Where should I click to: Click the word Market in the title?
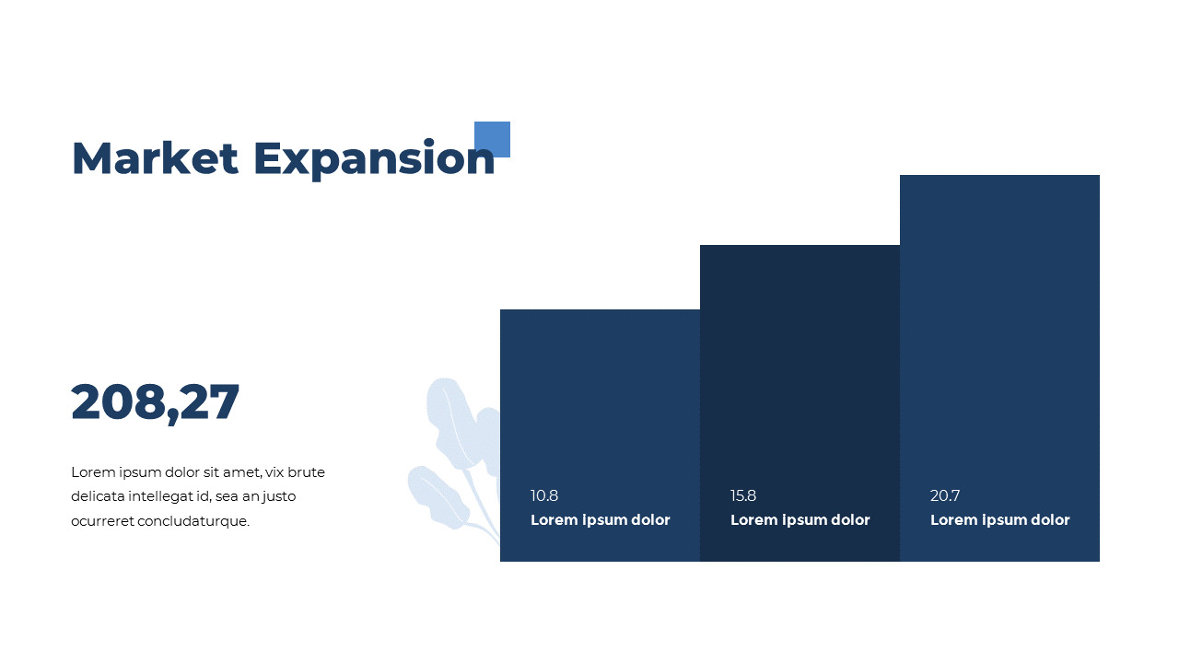click(x=155, y=158)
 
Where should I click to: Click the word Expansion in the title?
click(x=374, y=158)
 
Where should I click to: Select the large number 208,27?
click(x=155, y=402)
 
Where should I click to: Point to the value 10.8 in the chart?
click(x=544, y=495)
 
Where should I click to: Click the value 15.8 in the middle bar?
click(x=743, y=495)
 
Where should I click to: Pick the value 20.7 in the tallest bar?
click(x=945, y=495)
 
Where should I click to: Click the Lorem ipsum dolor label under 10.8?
click(x=601, y=520)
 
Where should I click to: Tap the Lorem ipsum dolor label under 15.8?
click(x=800, y=520)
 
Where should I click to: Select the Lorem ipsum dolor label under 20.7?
click(x=999, y=520)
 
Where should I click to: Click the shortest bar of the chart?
click(x=600, y=396)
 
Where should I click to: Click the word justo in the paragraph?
click(x=277, y=496)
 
